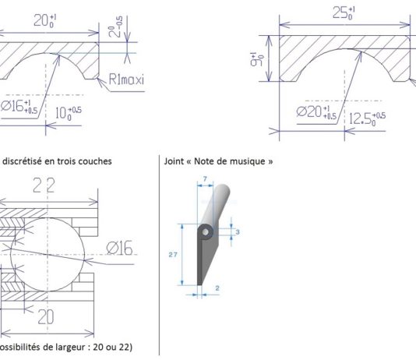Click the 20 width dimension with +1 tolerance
48,22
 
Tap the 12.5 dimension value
368,118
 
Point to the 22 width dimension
44,185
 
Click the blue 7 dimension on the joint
203,180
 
